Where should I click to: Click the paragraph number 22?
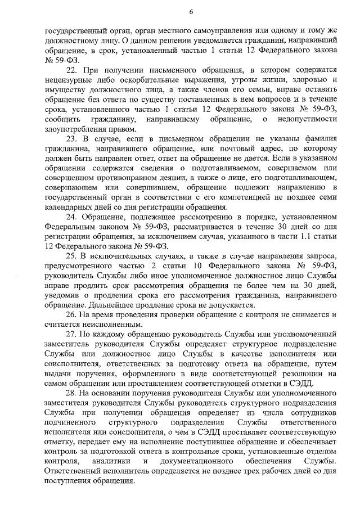pyautogui.click(x=71, y=70)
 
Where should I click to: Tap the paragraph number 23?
pyautogui.click(x=71, y=138)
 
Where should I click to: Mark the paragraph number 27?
pyautogui.click(x=71, y=334)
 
